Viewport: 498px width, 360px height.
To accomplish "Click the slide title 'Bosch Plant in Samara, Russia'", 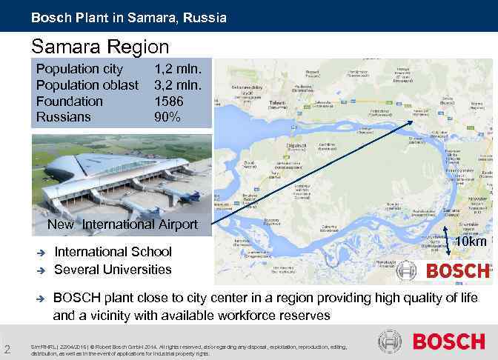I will click(129, 16).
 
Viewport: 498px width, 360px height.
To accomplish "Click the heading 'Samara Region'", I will click(101, 47).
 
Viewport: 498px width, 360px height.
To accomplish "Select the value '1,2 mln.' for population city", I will click(183, 69).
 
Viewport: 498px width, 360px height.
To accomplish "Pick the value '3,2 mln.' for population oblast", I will click(183, 85).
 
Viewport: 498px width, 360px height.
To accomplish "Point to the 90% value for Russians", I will click(167, 117).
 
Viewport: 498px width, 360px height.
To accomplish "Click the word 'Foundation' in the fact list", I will click(70, 101).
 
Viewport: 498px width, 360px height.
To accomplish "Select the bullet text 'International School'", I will click(113, 252).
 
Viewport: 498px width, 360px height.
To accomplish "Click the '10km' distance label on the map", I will click(470, 242).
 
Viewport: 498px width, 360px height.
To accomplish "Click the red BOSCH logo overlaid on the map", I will click(456, 270).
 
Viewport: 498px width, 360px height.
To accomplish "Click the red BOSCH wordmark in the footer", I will click(448, 341).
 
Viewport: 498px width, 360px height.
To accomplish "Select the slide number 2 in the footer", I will click(7, 350).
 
